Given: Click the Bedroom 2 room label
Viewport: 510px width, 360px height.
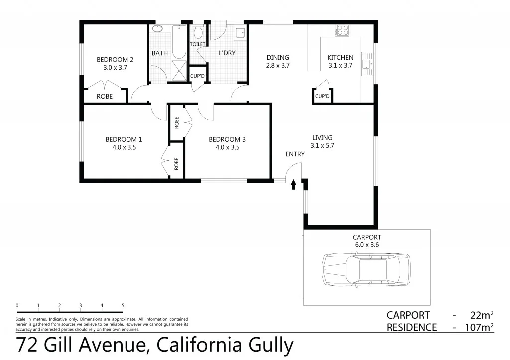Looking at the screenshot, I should tap(115, 59).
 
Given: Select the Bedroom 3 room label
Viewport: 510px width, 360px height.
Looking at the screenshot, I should tap(227, 139).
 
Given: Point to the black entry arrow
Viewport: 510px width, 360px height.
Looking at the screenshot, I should tap(293, 185).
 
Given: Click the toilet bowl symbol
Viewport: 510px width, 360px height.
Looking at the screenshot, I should tap(198, 33).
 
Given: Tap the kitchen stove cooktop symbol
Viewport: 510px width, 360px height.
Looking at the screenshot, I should tap(343, 30).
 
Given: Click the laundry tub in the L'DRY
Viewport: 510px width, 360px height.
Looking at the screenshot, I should tap(240, 32).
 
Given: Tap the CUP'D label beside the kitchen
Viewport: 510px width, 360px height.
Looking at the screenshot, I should tap(322, 96).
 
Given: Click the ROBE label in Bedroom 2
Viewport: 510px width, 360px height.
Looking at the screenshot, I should tap(104, 96).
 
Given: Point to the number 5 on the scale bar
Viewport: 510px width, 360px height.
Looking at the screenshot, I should tap(123, 305).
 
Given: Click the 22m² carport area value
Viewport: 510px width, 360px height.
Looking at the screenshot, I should tap(482, 315).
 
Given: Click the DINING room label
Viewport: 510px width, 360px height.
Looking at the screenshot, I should tap(278, 57).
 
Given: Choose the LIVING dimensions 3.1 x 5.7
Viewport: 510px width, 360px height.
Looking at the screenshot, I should tap(322, 146).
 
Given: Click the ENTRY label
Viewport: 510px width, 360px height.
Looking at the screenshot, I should tap(295, 154).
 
